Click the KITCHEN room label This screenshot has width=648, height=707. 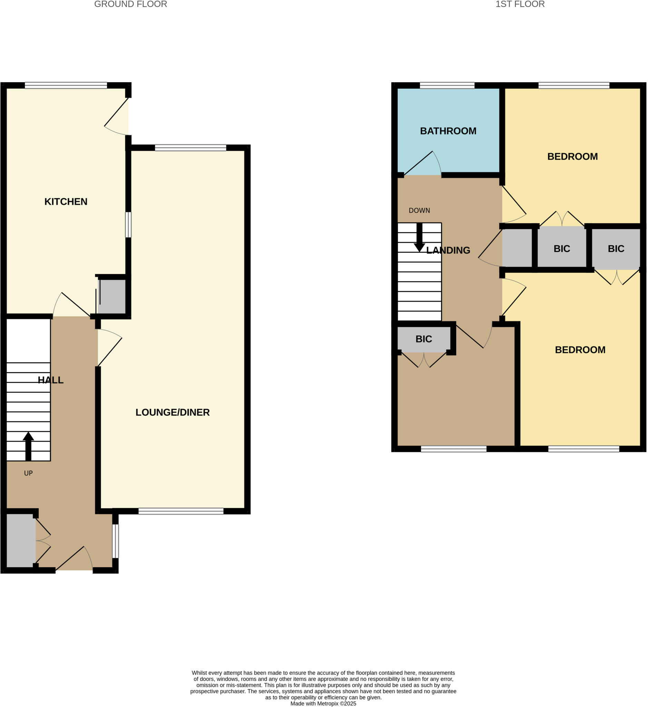pyautogui.click(x=66, y=202)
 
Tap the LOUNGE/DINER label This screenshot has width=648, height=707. pyautogui.click(x=173, y=412)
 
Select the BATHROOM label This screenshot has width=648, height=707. pyautogui.click(x=448, y=131)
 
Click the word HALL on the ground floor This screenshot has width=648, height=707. pyautogui.click(x=50, y=380)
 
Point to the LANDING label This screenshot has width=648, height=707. pyautogui.click(x=448, y=251)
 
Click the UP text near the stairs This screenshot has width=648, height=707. pyautogui.click(x=28, y=473)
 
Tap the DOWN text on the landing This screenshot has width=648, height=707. pyautogui.click(x=419, y=211)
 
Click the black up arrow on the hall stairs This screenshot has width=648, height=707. pyautogui.click(x=28, y=446)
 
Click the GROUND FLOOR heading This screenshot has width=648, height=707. pyautogui.click(x=130, y=4)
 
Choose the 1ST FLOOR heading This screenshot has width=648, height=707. pyautogui.click(x=520, y=4)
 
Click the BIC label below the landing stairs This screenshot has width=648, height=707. pyautogui.click(x=424, y=339)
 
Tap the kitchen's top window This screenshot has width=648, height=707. pyautogui.click(x=66, y=85)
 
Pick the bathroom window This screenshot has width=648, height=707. pyautogui.click(x=447, y=85)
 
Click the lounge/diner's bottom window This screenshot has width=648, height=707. pyautogui.click(x=181, y=511)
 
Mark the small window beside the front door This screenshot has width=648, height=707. pyautogui.click(x=115, y=541)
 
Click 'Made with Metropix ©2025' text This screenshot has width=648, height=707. pyautogui.click(x=323, y=704)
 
